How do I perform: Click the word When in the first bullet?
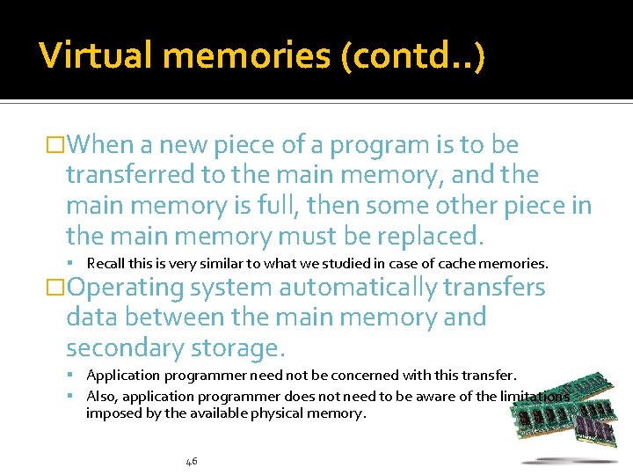pyautogui.click(x=102, y=145)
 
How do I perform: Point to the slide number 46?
pyautogui.click(x=192, y=461)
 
